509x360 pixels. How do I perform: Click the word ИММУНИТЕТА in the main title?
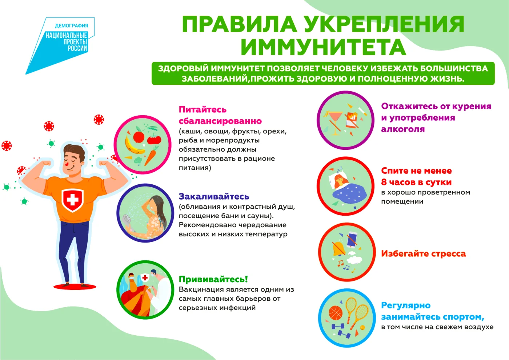(x=323, y=47)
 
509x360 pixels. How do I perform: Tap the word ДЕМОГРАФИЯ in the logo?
(x=72, y=26)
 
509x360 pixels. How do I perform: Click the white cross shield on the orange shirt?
(x=73, y=200)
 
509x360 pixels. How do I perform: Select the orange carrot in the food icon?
(x=151, y=156)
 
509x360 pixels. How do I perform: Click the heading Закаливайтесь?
(x=214, y=197)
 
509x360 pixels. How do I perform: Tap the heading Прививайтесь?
(x=213, y=279)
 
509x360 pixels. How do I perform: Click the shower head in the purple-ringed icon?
(x=127, y=219)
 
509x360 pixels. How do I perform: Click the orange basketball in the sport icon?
(x=336, y=313)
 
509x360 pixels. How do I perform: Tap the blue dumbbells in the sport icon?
(x=339, y=329)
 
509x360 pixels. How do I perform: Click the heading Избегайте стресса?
(x=423, y=254)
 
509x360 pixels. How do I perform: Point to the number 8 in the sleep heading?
(x=384, y=182)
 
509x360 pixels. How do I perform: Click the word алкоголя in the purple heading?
(x=403, y=129)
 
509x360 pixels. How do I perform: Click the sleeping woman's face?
(x=340, y=180)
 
